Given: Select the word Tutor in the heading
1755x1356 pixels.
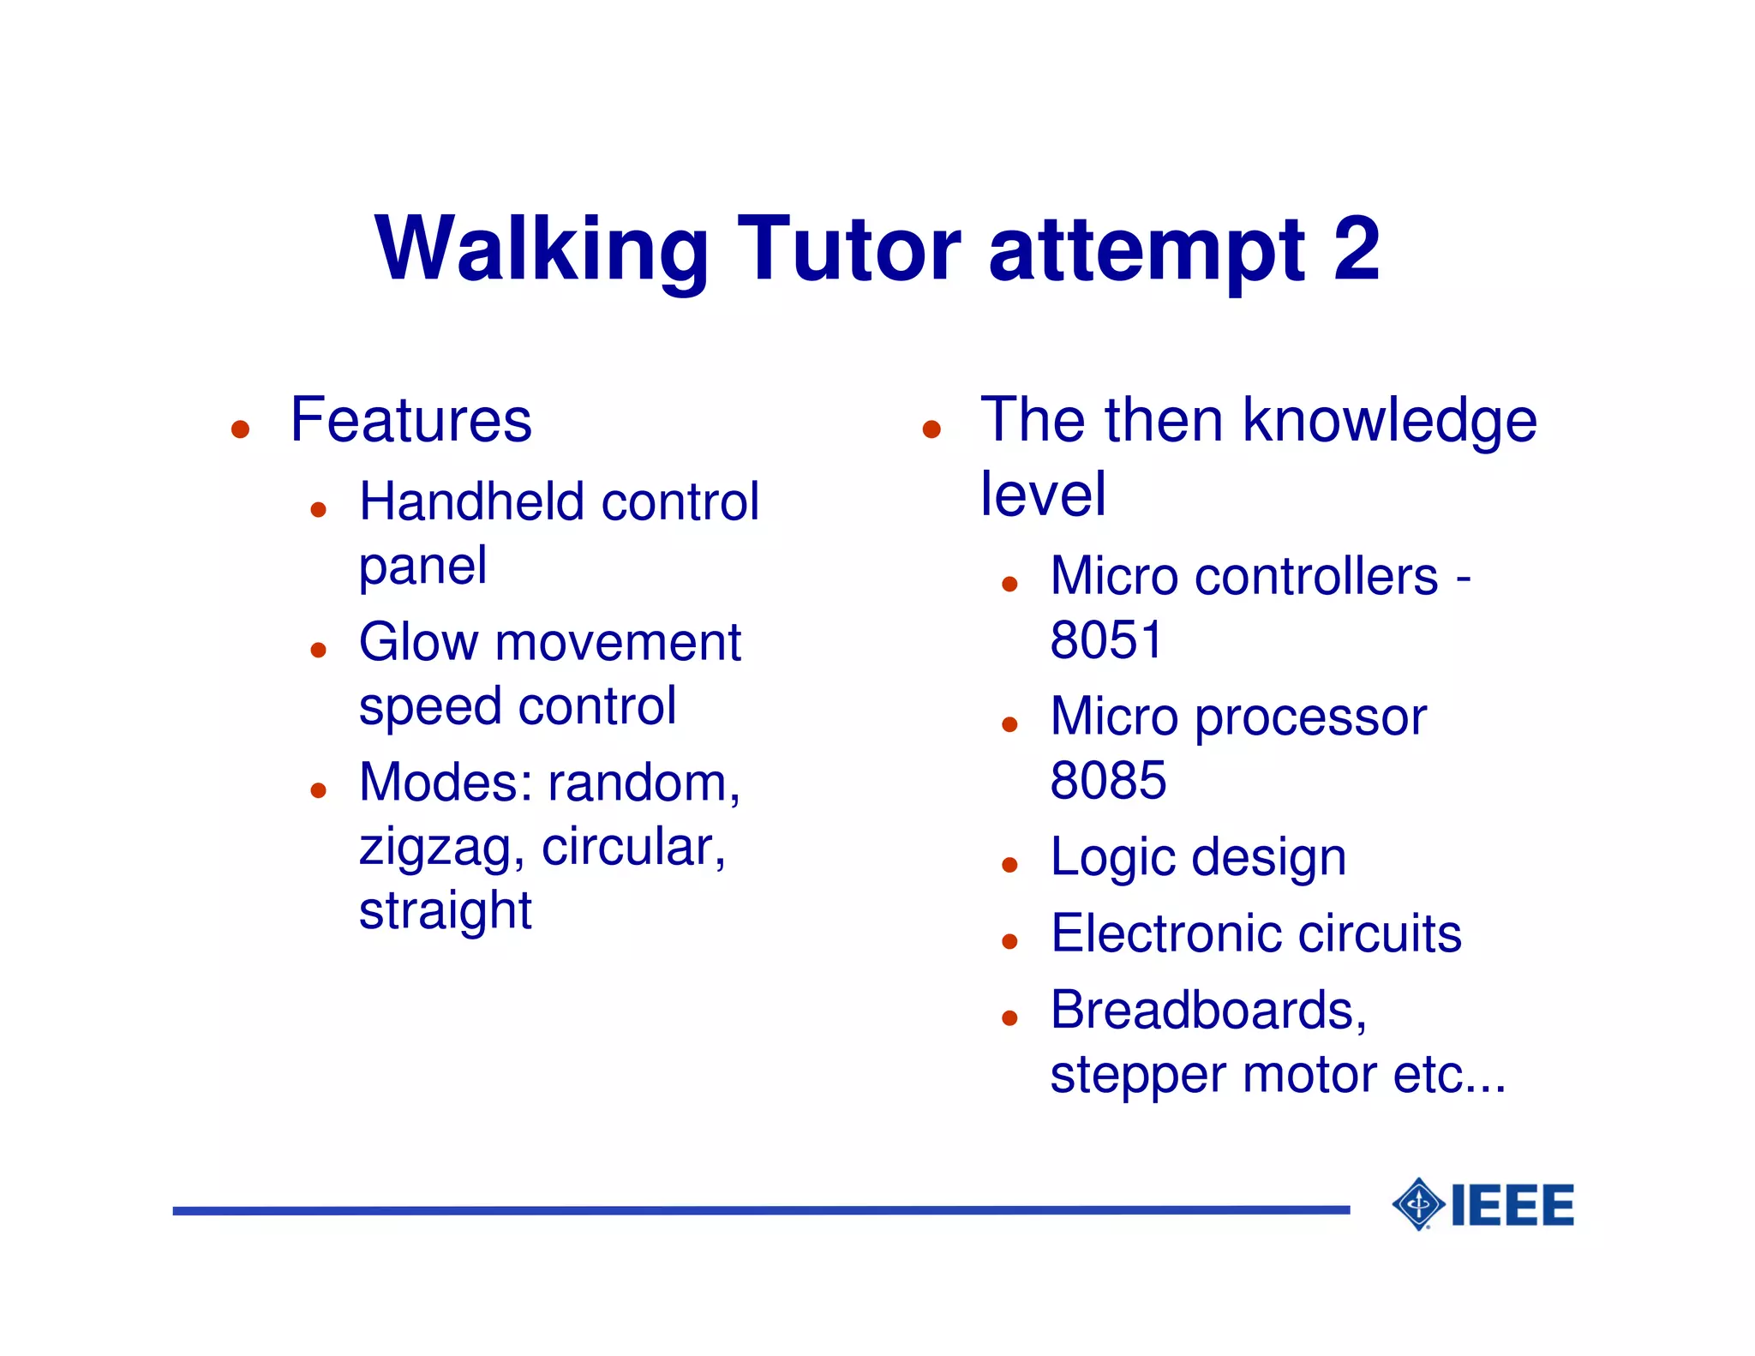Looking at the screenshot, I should [x=848, y=249].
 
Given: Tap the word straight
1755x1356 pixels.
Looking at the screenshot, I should [x=445, y=910].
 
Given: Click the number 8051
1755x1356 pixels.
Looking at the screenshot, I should [x=1106, y=640].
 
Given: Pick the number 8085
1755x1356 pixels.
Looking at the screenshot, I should [x=1108, y=780].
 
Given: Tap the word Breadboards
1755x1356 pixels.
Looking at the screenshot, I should [x=1207, y=1011].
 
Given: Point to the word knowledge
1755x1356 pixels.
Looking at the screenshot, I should [x=1389, y=422].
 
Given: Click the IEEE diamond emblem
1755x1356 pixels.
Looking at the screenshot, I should [x=1418, y=1204].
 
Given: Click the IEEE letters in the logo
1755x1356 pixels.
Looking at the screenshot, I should [x=1512, y=1205].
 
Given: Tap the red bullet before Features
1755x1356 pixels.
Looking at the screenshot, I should [x=240, y=429].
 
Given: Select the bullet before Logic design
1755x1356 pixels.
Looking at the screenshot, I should [x=1009, y=865].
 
